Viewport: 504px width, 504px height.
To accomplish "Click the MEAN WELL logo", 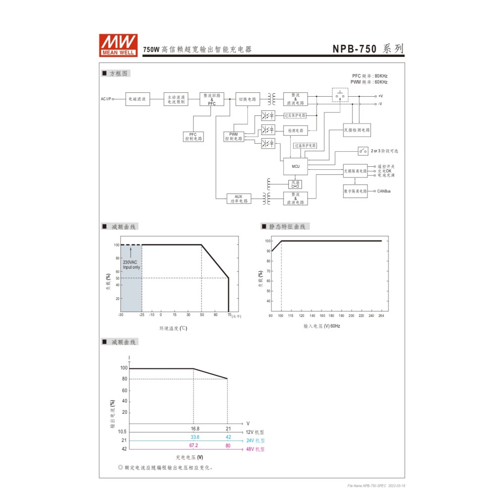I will (x=118, y=45).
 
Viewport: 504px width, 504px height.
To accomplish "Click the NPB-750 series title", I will (x=367, y=49).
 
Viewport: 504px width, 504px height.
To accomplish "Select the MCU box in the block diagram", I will (x=295, y=166).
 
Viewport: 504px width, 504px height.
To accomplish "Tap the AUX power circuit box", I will (x=239, y=199).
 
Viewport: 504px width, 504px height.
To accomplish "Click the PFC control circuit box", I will (x=193, y=137).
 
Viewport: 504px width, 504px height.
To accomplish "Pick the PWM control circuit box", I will (x=233, y=137).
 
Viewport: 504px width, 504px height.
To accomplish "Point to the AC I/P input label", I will (x=106, y=99).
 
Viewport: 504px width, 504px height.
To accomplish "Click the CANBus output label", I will (x=384, y=192).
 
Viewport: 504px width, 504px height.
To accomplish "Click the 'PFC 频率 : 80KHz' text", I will (x=369, y=76).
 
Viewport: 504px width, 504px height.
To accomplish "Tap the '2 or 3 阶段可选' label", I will (x=384, y=151).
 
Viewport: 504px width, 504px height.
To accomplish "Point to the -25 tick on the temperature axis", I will (x=142, y=314).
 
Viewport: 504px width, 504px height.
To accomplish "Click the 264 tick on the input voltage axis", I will (x=381, y=316).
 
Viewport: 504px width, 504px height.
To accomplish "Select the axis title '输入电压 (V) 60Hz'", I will (x=322, y=326).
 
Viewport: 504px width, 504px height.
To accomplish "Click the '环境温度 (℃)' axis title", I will (x=173, y=328).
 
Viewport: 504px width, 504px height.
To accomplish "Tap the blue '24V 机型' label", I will (x=255, y=440).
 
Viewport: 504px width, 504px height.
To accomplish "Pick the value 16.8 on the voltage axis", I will (x=195, y=429).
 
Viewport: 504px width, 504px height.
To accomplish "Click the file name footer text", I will (x=376, y=486).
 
